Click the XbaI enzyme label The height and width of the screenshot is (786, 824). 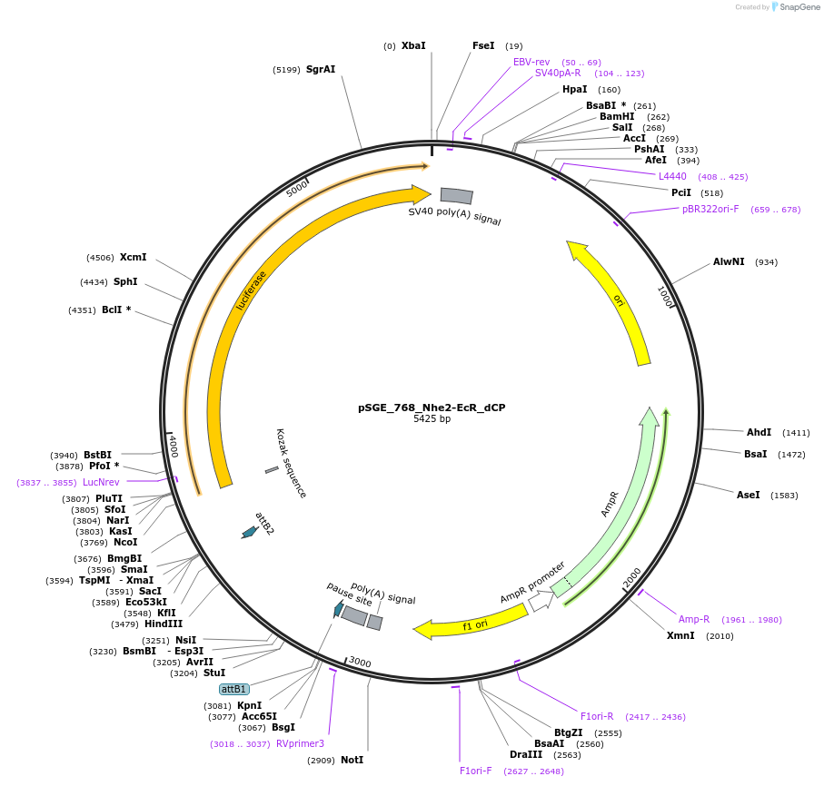click(x=413, y=45)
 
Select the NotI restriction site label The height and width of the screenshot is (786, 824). click(x=352, y=760)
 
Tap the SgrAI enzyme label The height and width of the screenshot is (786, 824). click(x=321, y=69)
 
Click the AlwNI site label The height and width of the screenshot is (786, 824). click(x=729, y=261)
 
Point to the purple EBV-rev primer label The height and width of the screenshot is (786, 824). click(x=531, y=62)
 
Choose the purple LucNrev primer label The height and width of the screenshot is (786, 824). click(x=101, y=482)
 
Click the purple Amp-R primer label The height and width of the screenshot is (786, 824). click(x=694, y=619)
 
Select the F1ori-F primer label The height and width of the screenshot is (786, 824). click(x=475, y=771)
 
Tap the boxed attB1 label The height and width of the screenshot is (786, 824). click(x=234, y=689)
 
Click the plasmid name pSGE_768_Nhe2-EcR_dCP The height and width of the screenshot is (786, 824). click(x=432, y=408)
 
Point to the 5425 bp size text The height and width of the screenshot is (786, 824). click(x=432, y=419)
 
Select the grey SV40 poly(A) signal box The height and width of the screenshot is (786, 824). click(x=456, y=195)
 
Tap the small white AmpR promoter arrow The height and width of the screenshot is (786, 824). click(x=541, y=600)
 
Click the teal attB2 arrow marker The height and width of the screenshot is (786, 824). click(x=248, y=532)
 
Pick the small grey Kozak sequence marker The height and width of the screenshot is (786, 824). click(x=272, y=469)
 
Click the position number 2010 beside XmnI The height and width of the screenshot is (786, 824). click(x=720, y=635)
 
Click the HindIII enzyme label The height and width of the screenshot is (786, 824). click(x=164, y=624)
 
